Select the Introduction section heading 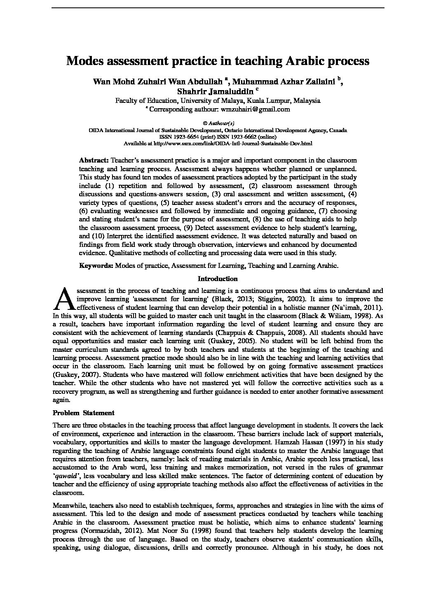tap(218, 279)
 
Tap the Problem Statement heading tap(84, 413)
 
